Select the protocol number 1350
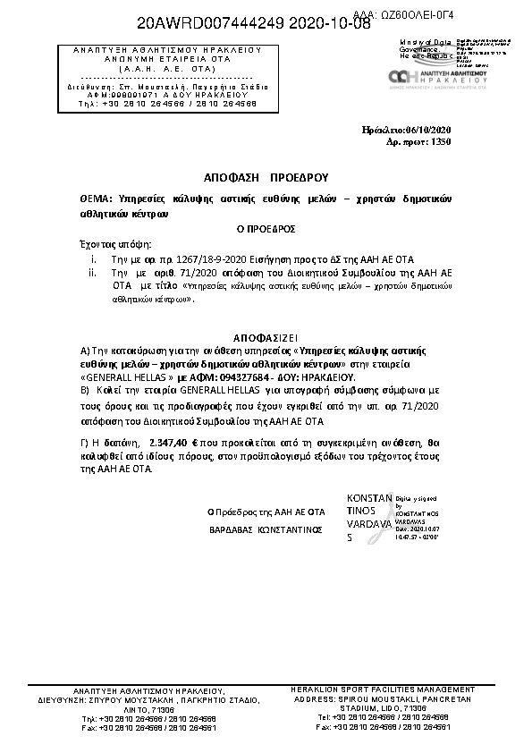pyautogui.click(x=442, y=141)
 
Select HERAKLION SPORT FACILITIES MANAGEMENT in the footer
pyautogui.click(x=383, y=690)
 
